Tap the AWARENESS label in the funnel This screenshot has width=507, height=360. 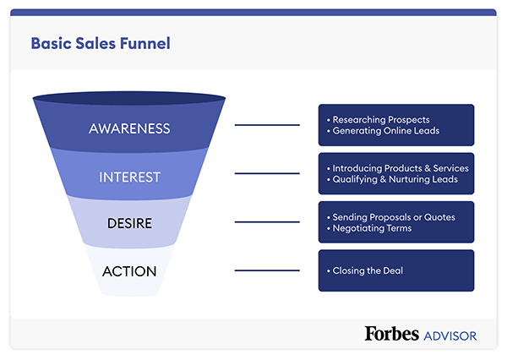[129, 128]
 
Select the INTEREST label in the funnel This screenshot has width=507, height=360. [129, 177]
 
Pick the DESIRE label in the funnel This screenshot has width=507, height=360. [129, 224]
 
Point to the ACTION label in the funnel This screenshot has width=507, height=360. [129, 271]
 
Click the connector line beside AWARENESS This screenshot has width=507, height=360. [266, 125]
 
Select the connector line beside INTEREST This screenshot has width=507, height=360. [266, 173]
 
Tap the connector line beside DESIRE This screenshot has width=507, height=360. [266, 222]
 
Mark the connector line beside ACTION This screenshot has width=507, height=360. [266, 270]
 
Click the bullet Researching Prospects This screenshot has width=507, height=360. [382, 119]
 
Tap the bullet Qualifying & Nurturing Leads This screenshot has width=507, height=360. [395, 180]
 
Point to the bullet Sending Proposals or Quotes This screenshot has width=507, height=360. [394, 217]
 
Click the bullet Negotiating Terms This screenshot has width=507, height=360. [372, 228]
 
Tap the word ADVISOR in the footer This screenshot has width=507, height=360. [450, 335]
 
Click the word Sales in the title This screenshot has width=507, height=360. [95, 43]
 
